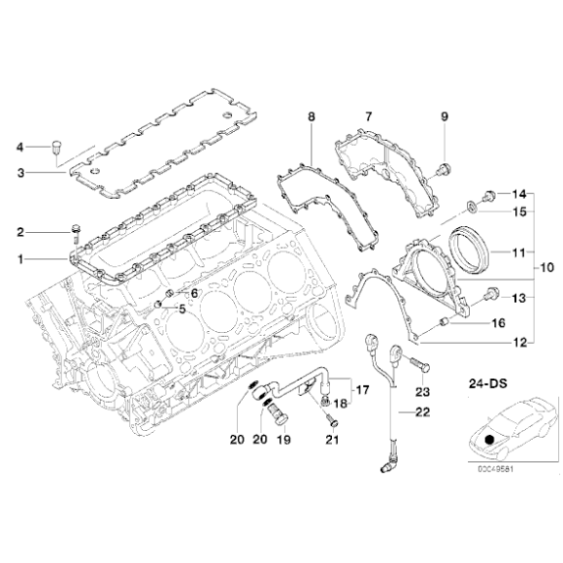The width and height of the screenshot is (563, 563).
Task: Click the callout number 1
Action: (20, 258)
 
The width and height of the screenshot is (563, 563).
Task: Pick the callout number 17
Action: (362, 391)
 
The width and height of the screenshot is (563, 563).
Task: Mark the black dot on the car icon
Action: (490, 440)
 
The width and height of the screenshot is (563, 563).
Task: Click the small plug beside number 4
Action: (56, 148)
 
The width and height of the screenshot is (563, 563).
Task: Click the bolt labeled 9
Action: (443, 171)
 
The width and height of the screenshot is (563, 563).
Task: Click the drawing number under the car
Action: (496, 473)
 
